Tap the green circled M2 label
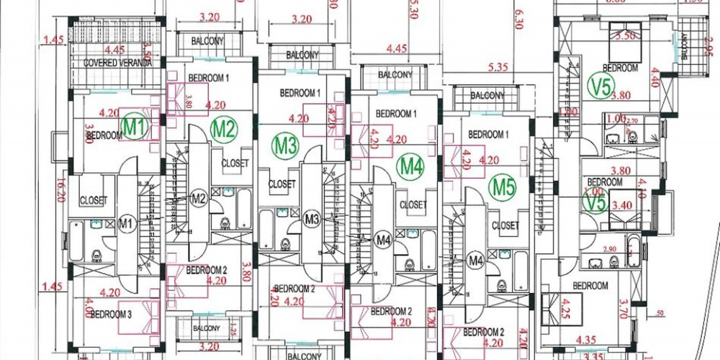(x=224, y=130)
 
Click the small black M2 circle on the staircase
(x=199, y=198)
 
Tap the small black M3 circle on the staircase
(x=312, y=217)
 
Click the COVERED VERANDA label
(x=118, y=63)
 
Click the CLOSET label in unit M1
(x=93, y=201)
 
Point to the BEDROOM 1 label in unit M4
(x=396, y=114)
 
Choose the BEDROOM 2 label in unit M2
(x=207, y=270)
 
